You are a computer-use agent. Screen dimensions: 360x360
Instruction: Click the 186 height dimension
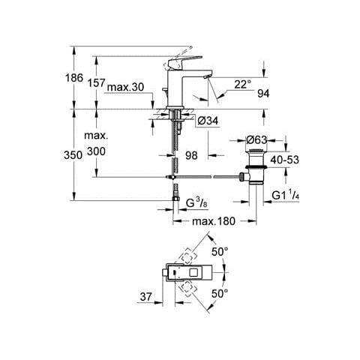point(74,78)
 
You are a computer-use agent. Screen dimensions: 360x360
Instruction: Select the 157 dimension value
point(96,82)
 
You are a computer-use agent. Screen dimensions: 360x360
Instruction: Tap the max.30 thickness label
point(125,87)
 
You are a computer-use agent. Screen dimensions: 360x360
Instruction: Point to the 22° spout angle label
point(242,85)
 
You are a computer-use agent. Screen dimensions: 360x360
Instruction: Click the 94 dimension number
point(263,94)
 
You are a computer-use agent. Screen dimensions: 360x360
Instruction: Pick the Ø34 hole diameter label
point(208,121)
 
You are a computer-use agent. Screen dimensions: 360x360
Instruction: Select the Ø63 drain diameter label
point(256,140)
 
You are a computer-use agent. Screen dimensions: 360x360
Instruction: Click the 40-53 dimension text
point(285,160)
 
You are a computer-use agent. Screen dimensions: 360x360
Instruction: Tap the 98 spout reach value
point(191,155)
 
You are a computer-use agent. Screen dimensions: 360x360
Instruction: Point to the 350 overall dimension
point(73,155)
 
